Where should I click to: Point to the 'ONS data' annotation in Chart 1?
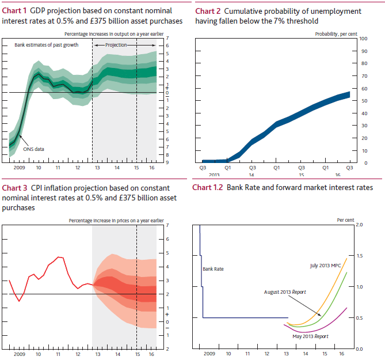click(33, 149)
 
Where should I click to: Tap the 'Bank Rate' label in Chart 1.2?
click(212, 269)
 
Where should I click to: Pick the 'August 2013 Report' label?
click(285, 292)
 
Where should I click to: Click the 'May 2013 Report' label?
click(310, 336)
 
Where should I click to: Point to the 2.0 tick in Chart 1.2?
click(360, 224)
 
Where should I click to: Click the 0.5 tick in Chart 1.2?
click(360, 318)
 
